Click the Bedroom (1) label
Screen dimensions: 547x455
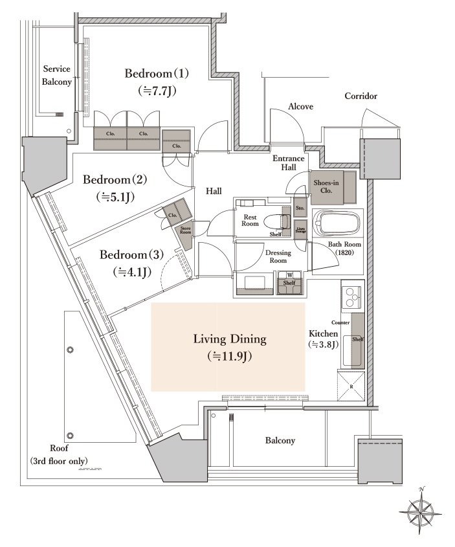point(157,73)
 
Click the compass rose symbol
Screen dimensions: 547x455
point(421,509)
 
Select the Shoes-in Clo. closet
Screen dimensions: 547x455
point(331,187)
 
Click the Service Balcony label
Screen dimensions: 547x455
point(57,75)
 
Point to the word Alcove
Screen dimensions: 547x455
point(301,106)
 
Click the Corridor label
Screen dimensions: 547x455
point(361,96)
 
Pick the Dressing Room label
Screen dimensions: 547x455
point(278,256)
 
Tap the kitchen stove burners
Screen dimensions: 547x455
point(351,298)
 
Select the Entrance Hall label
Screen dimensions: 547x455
point(284,162)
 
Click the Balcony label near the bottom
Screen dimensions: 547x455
point(280,441)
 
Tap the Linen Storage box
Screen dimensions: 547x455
point(300,229)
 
